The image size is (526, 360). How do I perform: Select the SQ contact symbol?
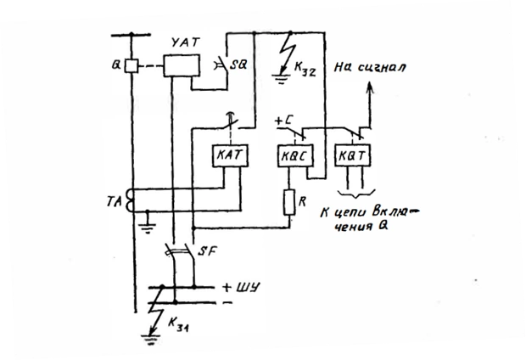222,65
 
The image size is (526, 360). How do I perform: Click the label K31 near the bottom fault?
178,324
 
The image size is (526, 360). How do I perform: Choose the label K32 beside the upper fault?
305,69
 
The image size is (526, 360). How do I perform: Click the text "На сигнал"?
370,67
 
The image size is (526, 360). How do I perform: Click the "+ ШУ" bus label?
241,288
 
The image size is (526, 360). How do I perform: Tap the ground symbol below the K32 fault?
281,79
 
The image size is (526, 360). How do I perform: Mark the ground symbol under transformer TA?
148,228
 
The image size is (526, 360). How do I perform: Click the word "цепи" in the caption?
350,213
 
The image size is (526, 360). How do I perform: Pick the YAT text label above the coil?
185,42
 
